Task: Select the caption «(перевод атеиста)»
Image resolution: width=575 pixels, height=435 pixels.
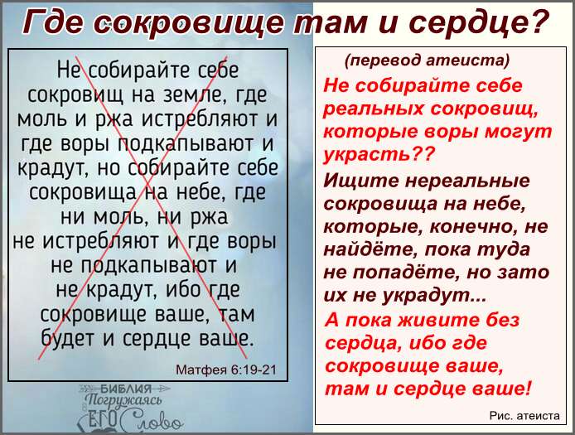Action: [x=428, y=60]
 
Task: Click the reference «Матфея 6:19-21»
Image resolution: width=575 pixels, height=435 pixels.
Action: [x=226, y=369]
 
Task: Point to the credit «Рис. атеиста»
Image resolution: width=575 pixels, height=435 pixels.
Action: [x=524, y=416]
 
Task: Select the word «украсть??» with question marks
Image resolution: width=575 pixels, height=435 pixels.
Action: [x=379, y=154]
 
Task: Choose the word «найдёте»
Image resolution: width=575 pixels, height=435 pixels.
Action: [x=370, y=249]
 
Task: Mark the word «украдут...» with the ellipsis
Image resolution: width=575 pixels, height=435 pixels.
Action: [x=434, y=295]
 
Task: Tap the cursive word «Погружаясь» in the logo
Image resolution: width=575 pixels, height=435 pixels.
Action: [x=123, y=399]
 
